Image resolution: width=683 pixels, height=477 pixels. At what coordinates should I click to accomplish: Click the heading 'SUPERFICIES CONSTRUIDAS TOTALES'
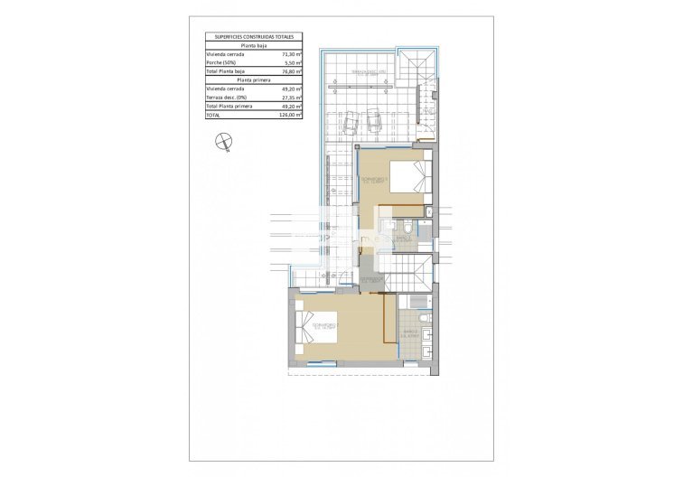(x=253, y=37)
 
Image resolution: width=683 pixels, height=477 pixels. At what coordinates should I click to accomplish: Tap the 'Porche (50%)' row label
(x=225, y=62)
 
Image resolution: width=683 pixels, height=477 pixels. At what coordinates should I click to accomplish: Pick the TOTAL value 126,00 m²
(x=289, y=115)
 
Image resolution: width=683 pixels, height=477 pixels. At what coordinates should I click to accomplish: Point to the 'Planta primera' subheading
(x=253, y=79)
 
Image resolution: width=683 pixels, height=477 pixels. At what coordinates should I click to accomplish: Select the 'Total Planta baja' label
(x=229, y=71)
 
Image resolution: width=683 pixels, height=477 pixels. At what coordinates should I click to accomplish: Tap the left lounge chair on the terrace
(x=351, y=118)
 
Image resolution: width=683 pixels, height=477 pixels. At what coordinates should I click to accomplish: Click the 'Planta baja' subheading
(x=253, y=45)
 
